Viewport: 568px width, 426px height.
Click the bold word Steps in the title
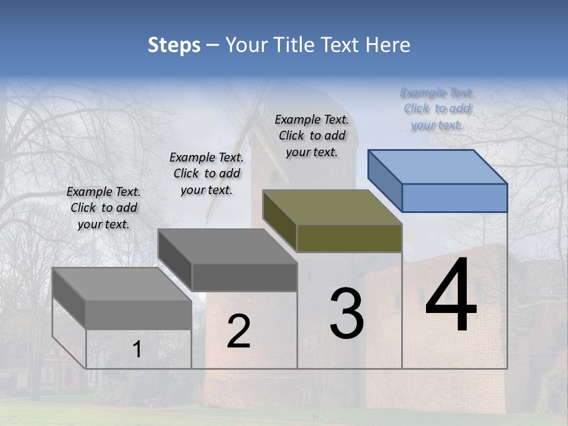pyautogui.click(x=174, y=46)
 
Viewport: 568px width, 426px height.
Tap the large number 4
pyautogui.click(x=451, y=296)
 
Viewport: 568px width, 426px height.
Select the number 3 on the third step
pyautogui.click(x=346, y=314)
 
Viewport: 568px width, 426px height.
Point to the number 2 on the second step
pyautogui.click(x=238, y=331)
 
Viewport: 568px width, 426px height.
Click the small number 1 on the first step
pyautogui.click(x=137, y=350)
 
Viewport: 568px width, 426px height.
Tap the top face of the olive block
pyautogui.click(x=332, y=206)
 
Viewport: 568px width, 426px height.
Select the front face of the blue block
pyautogui.click(x=454, y=198)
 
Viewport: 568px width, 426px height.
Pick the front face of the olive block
pyautogui.click(x=349, y=238)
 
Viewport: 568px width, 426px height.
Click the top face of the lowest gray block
pyautogui.click(x=122, y=284)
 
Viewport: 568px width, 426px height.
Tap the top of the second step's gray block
pyautogui.click(x=227, y=246)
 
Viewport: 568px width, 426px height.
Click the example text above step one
pyautogui.click(x=104, y=208)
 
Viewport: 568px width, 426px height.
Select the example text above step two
pyautogui.click(x=206, y=173)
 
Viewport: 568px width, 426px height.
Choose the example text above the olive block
pyautogui.click(x=312, y=135)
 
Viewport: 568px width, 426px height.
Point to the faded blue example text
pyautogui.click(x=437, y=108)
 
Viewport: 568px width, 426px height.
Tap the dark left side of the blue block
pyautogui.click(x=385, y=180)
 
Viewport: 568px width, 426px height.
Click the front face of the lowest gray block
pyautogui.click(x=138, y=315)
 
